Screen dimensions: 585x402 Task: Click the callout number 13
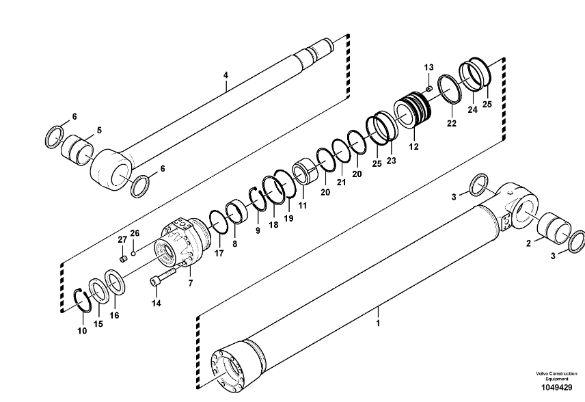(x=428, y=68)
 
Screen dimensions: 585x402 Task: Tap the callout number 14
(x=157, y=303)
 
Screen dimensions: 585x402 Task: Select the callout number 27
(x=122, y=240)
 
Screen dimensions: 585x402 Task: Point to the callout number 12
(x=413, y=147)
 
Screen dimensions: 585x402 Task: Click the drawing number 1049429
(x=557, y=388)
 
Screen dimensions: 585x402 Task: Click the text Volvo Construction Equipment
(x=556, y=376)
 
